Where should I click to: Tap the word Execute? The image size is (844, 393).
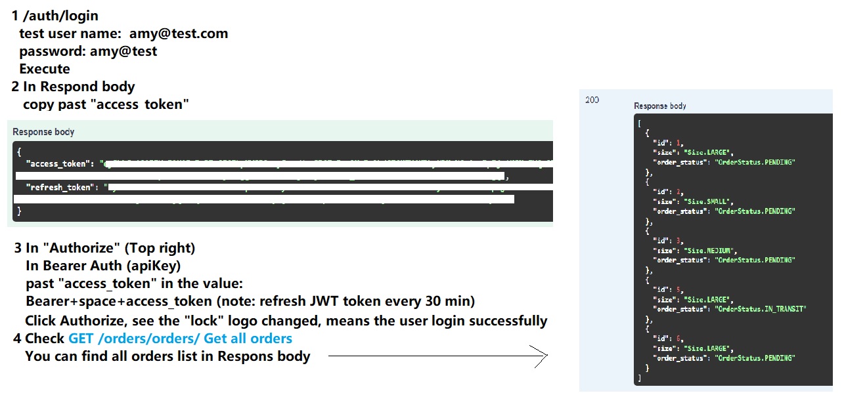(x=45, y=69)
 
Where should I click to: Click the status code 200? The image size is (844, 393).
(x=592, y=100)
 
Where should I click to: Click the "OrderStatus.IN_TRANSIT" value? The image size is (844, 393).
(x=761, y=309)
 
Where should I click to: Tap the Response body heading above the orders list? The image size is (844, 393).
(x=659, y=106)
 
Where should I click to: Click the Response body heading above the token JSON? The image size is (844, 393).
(x=43, y=132)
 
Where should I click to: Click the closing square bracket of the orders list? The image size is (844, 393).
(x=639, y=379)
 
